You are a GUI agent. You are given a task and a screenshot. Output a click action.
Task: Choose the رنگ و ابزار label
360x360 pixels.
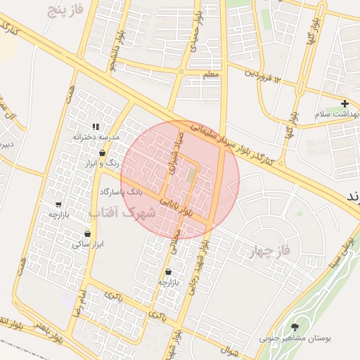click(x=101, y=163)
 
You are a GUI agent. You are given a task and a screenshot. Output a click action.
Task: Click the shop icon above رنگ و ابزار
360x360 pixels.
click(x=103, y=153)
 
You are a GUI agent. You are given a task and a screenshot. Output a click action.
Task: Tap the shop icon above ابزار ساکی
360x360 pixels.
click(x=87, y=234)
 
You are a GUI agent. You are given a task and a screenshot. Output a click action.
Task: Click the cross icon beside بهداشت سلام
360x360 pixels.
click(x=345, y=103)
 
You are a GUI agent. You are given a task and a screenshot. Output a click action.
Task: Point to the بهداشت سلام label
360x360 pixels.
click(x=337, y=114)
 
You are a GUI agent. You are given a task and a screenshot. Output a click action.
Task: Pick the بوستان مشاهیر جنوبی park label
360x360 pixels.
click(x=295, y=338)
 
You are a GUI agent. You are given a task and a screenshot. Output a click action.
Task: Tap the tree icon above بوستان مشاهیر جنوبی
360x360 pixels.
click(x=295, y=327)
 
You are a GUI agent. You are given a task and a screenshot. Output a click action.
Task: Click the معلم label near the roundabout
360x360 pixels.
click(x=210, y=75)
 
